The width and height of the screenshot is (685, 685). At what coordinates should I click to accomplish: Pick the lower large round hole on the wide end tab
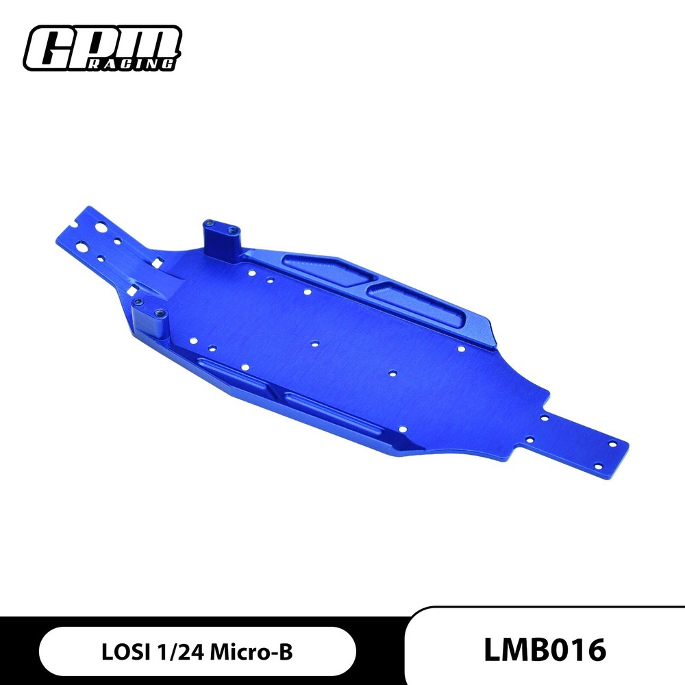[x=82, y=245]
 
